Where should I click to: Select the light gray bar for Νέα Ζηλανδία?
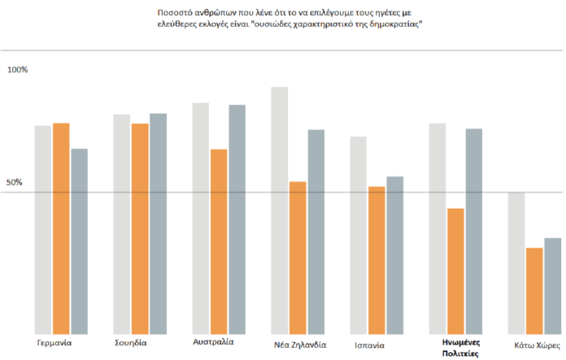pyautogui.click(x=279, y=210)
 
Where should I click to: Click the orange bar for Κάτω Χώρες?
pyautogui.click(x=534, y=290)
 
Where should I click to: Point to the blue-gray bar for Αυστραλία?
pyautogui.click(x=237, y=219)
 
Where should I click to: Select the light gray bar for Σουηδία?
pyautogui.click(x=121, y=223)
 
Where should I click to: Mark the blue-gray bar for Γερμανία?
pyautogui.click(x=80, y=241)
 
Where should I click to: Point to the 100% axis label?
pyautogui.click(x=17, y=71)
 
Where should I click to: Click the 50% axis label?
pyautogui.click(x=15, y=183)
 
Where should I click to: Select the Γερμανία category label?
pyautogui.click(x=54, y=343)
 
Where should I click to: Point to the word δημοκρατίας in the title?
pyautogui.click(x=395, y=26)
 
